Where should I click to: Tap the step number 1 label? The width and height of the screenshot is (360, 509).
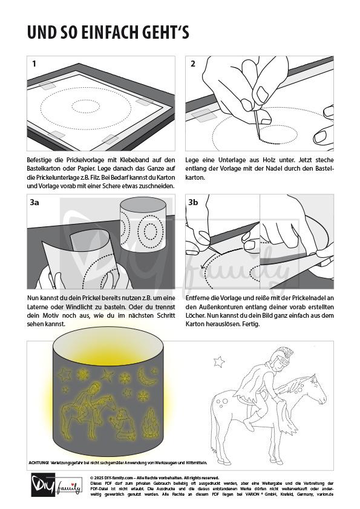coord(34,64)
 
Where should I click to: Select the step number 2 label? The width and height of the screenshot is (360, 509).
coord(193,64)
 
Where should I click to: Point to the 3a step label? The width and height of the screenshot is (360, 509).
coord(34,202)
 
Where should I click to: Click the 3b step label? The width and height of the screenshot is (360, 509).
coord(193,202)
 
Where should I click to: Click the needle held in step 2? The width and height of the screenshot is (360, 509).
coord(257,124)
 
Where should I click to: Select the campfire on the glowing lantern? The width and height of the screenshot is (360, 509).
coord(151,422)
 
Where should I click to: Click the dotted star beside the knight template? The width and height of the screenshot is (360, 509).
coord(219,361)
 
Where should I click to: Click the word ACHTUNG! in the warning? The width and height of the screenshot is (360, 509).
coord(39,462)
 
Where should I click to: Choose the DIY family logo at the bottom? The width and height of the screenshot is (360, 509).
coord(56,485)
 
